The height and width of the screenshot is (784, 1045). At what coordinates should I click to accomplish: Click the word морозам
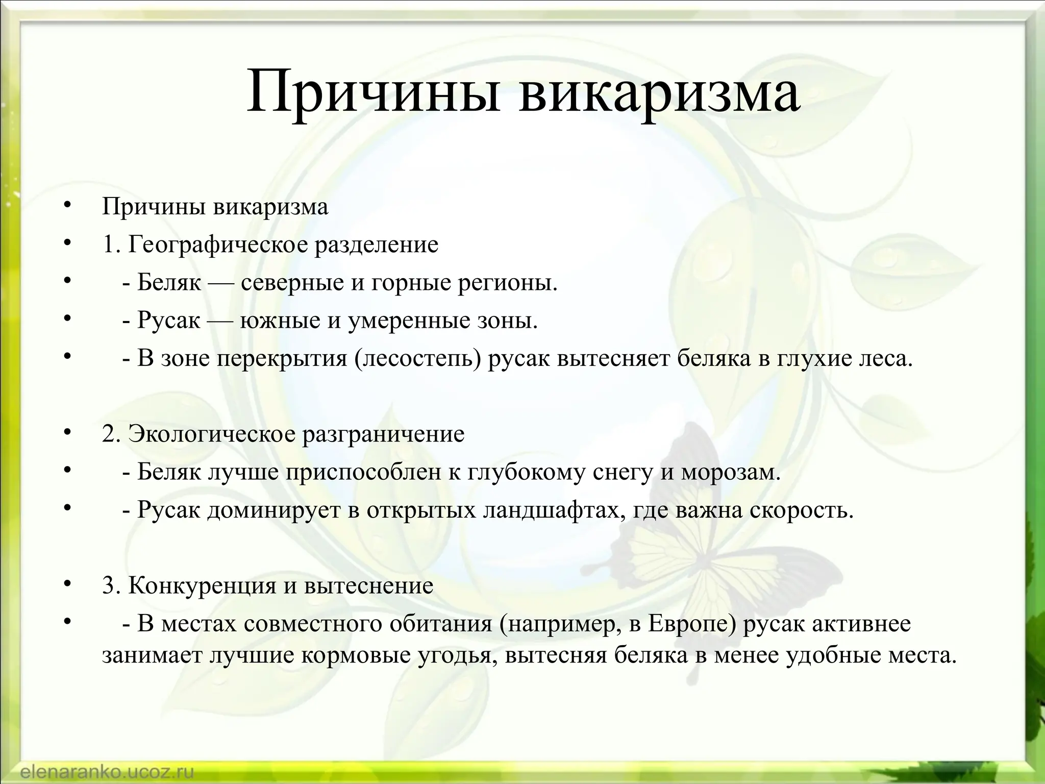pyautogui.click(x=731, y=473)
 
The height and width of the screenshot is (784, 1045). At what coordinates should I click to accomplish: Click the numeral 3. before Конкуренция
pyautogui.click(x=112, y=585)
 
